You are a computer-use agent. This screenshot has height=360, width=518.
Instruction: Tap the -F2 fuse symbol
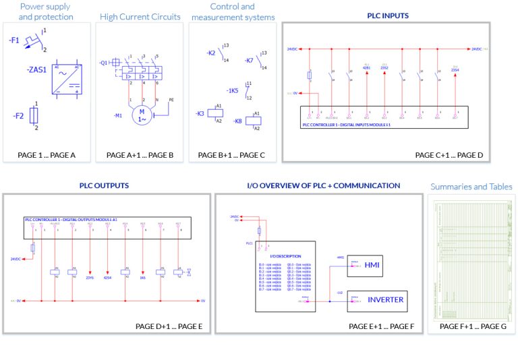[34, 115]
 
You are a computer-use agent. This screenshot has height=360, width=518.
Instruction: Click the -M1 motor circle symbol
[142, 115]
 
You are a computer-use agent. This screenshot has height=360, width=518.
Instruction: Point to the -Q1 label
[103, 63]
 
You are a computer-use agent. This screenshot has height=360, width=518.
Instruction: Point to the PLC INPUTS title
[388, 14]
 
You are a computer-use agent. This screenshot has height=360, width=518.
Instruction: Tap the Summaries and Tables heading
[471, 187]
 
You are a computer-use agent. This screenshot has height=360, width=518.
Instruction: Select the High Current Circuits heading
[140, 16]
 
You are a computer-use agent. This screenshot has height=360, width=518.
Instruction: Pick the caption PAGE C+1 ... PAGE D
[449, 155]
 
